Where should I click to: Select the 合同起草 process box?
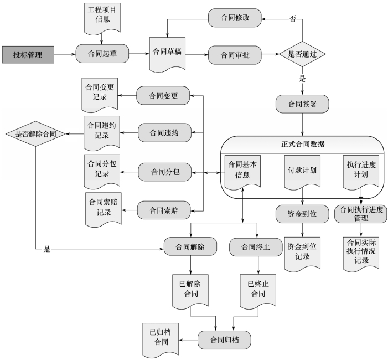[x=102, y=54]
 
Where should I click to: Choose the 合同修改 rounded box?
[x=235, y=17]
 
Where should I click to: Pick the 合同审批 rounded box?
[x=235, y=55]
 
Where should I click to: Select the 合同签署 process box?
[x=302, y=103]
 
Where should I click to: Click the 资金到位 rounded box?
[x=302, y=214]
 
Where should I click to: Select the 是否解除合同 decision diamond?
[x=35, y=133]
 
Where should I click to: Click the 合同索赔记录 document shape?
[x=102, y=209]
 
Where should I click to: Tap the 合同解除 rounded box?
[x=190, y=247]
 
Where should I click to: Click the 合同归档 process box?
[x=224, y=339]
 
